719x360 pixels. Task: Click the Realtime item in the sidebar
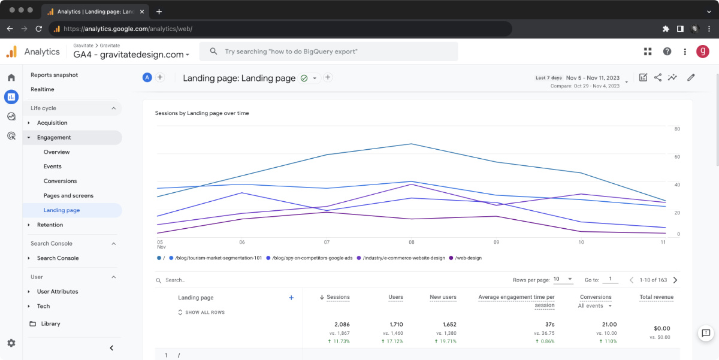click(x=43, y=89)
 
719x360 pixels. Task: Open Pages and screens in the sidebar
click(x=68, y=196)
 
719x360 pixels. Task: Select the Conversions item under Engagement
click(x=60, y=181)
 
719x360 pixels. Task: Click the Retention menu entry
click(x=50, y=225)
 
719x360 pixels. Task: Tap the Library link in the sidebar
click(x=50, y=323)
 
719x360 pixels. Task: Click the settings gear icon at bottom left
click(x=11, y=343)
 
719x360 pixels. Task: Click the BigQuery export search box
click(x=328, y=52)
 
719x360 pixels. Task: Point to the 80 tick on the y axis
click(x=677, y=129)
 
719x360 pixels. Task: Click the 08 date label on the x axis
click(x=412, y=243)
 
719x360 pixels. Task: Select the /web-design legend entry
click(x=468, y=258)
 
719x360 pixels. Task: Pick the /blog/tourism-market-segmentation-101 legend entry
click(x=218, y=258)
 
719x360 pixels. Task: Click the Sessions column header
click(x=338, y=297)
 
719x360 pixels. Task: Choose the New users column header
click(x=443, y=297)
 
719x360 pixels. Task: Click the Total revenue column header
click(x=656, y=297)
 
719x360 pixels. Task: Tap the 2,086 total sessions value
click(x=342, y=325)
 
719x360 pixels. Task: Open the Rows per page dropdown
click(x=563, y=280)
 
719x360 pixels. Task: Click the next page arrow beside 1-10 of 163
click(x=675, y=280)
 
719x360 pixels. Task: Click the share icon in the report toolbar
click(x=658, y=77)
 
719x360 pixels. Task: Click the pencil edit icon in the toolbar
click(x=691, y=77)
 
